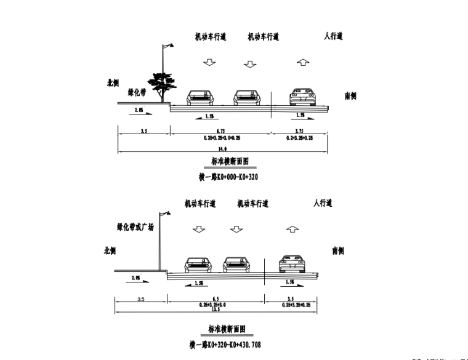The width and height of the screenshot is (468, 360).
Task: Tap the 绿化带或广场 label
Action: click(x=135, y=227)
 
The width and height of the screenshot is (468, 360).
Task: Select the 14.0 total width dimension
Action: click(x=223, y=149)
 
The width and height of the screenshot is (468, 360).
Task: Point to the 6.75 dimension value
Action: click(x=222, y=131)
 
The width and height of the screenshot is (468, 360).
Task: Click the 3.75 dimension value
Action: click(x=299, y=131)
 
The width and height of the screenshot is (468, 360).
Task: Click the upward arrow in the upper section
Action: click(x=302, y=62)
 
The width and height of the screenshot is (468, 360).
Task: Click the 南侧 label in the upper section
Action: click(x=351, y=95)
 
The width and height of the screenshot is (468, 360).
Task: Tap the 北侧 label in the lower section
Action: click(x=112, y=251)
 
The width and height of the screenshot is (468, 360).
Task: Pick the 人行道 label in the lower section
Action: click(x=322, y=202)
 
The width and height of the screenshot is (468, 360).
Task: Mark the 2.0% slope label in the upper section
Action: click(x=137, y=110)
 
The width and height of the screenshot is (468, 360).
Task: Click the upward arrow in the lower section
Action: click(x=292, y=230)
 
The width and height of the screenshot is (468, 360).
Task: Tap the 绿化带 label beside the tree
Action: click(x=136, y=92)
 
